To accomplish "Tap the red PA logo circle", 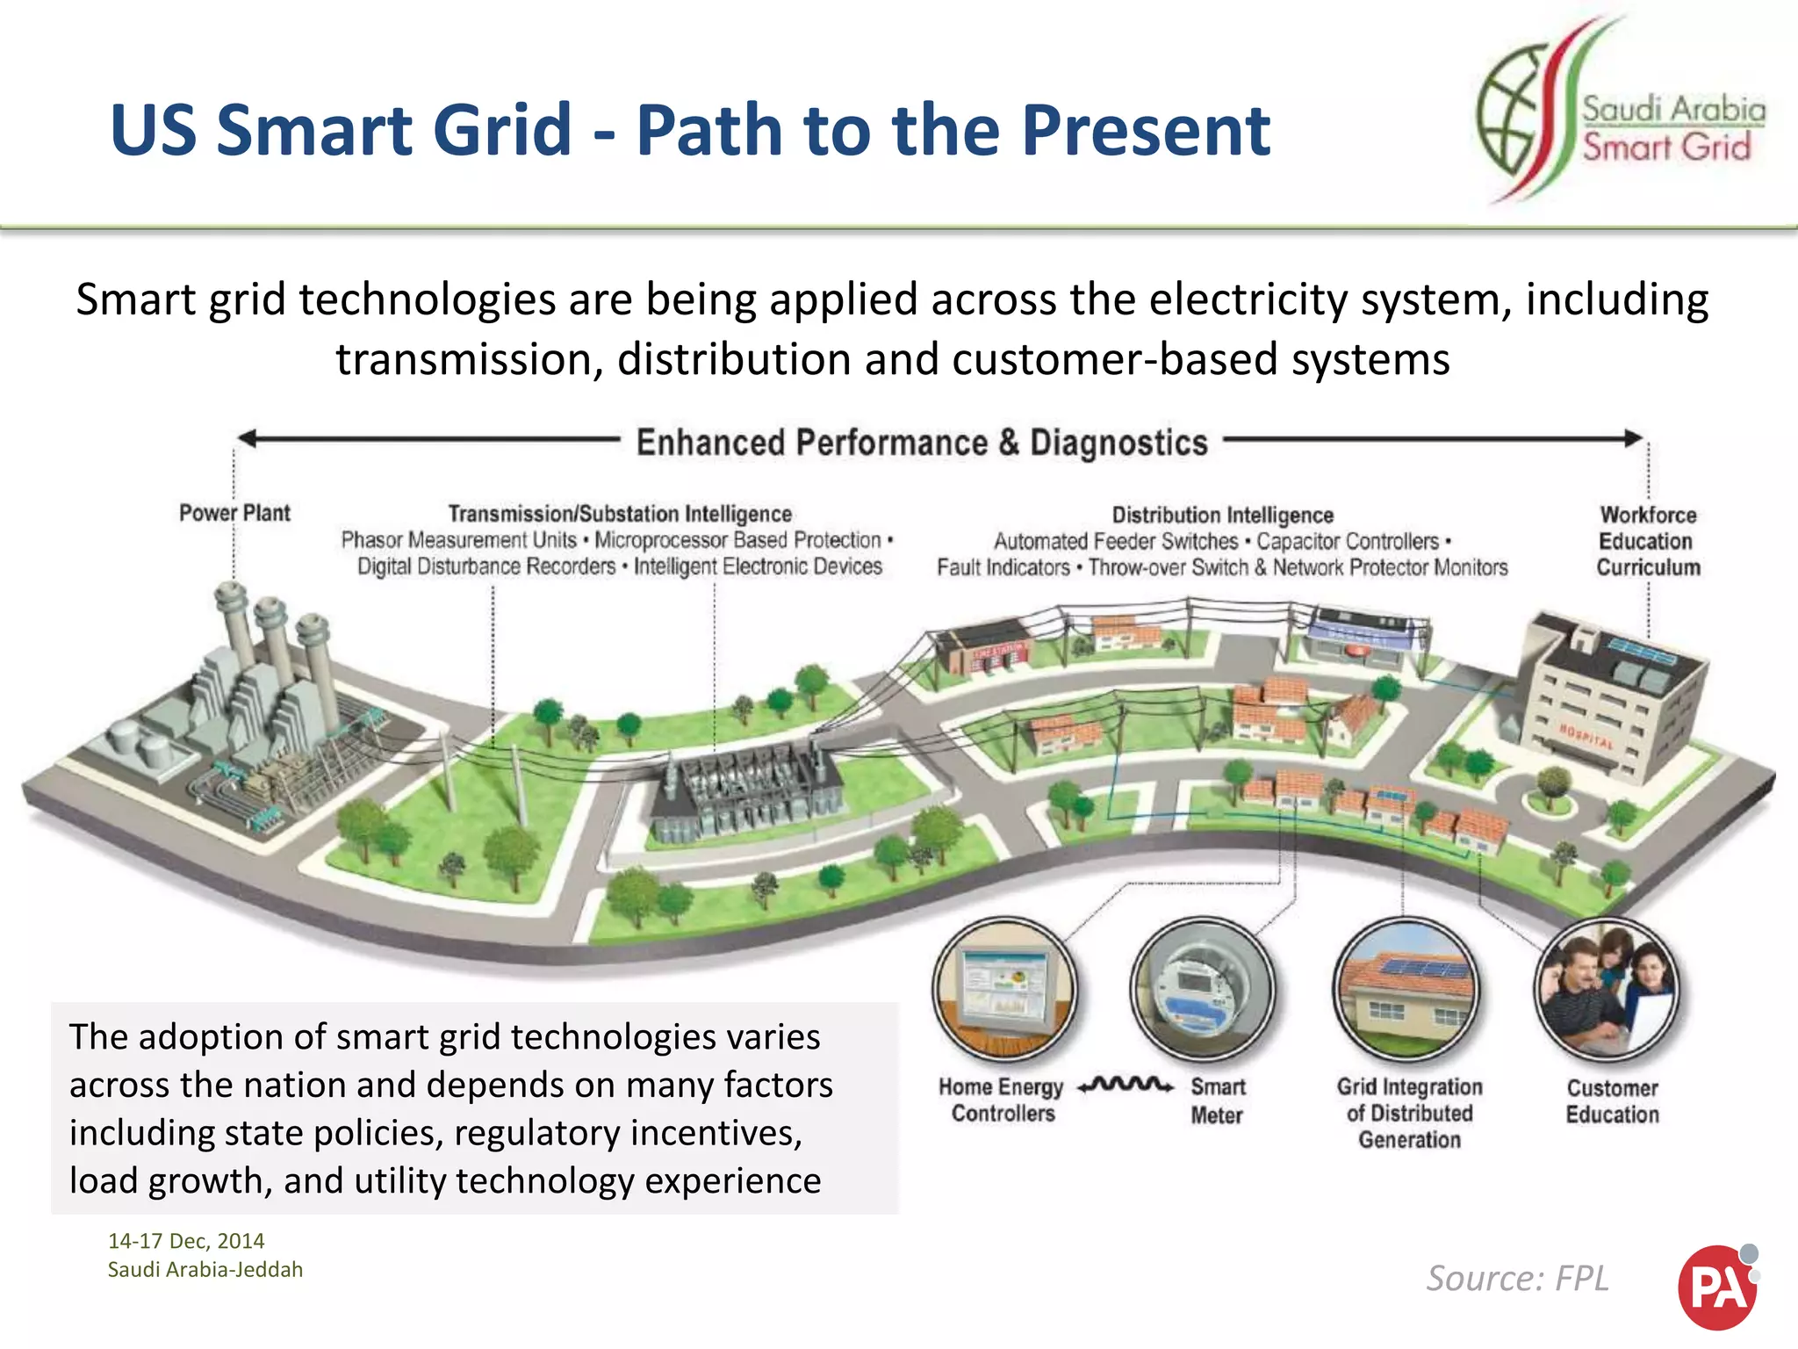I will coord(1716,1288).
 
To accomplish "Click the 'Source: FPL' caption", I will coord(1518,1279).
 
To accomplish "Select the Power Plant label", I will coord(234,513).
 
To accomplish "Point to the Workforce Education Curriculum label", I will coord(1648,541).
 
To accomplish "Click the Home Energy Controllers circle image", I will coord(1004,989).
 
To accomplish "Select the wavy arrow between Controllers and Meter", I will coord(1126,1086).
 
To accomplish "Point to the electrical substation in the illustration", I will coord(746,790).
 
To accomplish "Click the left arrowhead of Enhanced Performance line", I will coord(247,437).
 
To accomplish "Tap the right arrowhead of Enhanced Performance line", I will coord(1634,437).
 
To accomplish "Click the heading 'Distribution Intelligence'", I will coord(1222,515).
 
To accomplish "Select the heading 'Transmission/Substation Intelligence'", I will coord(620,514).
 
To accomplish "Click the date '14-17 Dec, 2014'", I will coord(186,1241).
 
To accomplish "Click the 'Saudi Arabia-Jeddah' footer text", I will coord(205,1270).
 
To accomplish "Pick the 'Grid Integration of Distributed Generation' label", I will coord(1409,1114).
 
